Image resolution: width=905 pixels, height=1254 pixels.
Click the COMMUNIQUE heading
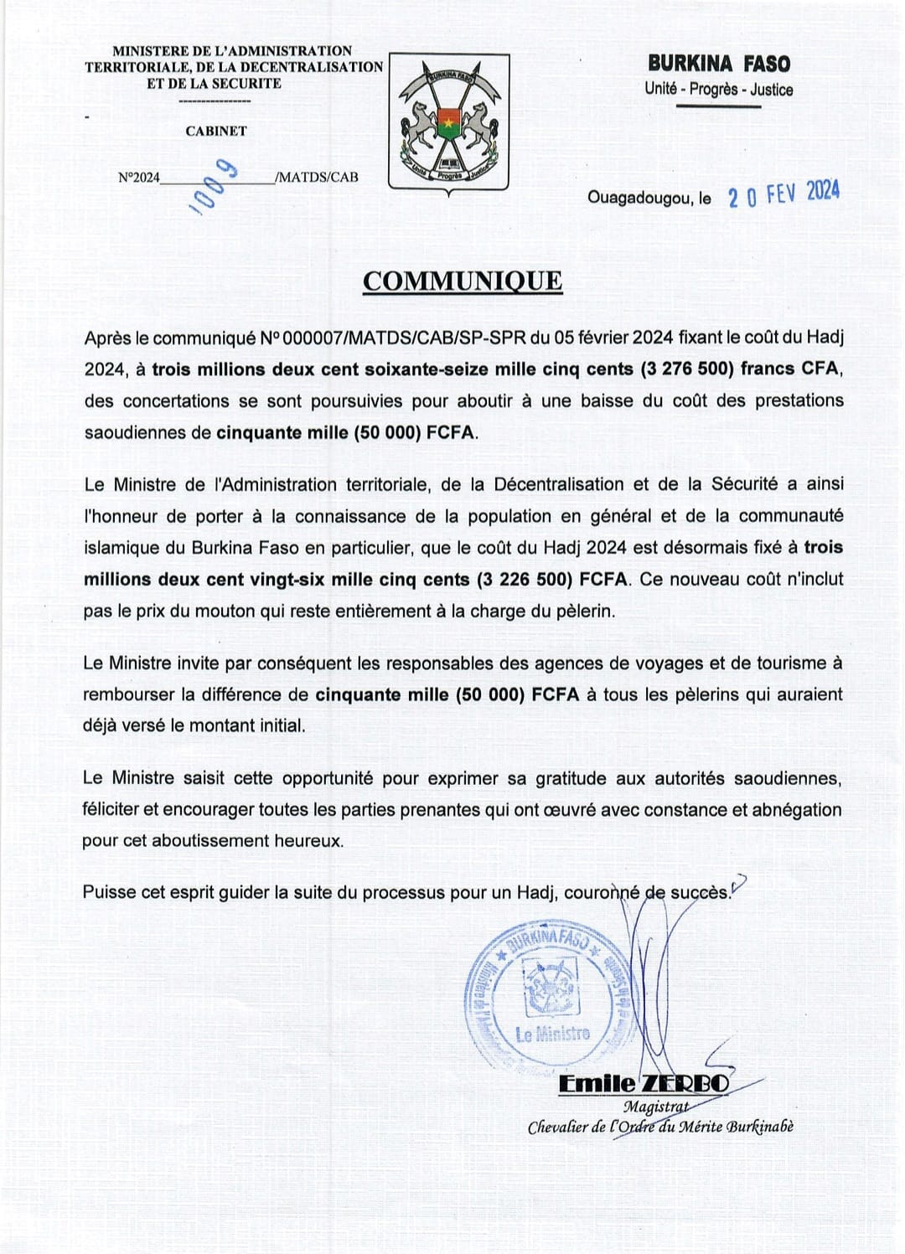(x=463, y=281)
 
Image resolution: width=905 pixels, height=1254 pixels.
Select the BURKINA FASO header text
(x=718, y=64)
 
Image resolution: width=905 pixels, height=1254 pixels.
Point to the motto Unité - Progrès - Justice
(x=718, y=90)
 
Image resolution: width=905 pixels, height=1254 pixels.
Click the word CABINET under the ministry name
(x=216, y=132)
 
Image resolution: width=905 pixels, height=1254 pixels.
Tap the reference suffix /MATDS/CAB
(x=317, y=177)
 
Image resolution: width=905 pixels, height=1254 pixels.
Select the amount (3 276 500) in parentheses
(x=687, y=369)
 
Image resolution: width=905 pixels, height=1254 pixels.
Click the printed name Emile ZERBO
(x=644, y=1084)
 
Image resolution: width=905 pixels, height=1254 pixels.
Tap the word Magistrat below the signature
(x=654, y=1107)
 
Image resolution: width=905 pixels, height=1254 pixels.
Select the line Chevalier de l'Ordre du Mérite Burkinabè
(x=660, y=1128)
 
